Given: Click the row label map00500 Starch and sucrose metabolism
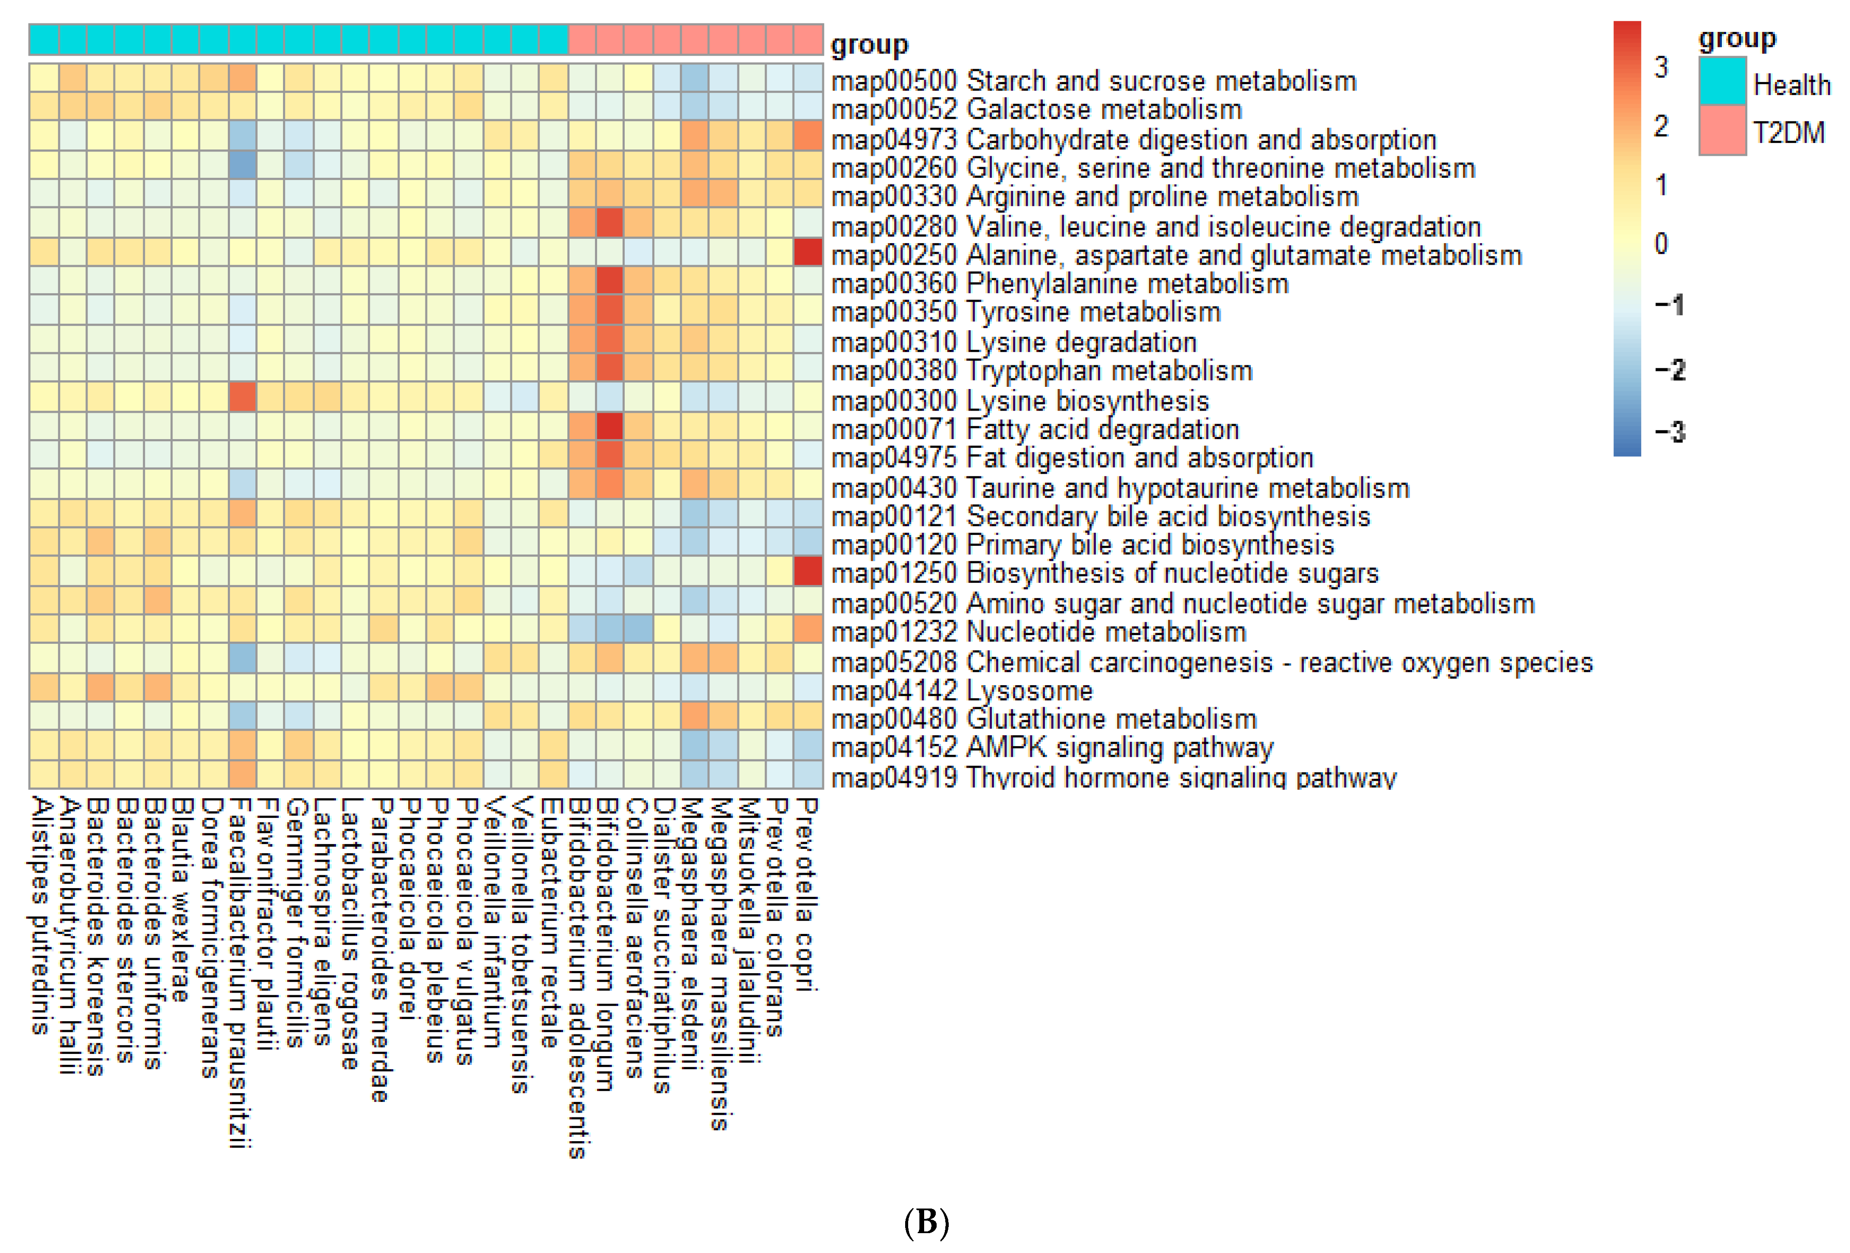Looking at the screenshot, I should (x=1093, y=81).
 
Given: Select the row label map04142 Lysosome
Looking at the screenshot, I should (x=962, y=691).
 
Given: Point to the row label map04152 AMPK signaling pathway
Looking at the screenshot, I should (x=1051, y=748).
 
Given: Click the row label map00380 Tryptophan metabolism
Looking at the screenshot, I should (x=1041, y=371).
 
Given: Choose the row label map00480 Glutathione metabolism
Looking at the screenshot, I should (x=1044, y=719).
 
